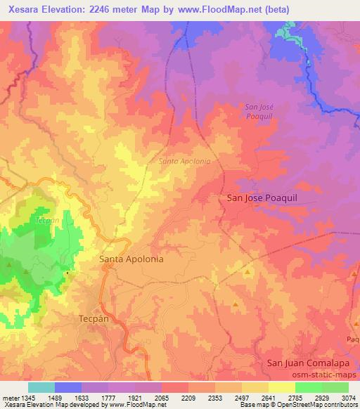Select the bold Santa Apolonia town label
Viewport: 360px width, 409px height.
coord(131,259)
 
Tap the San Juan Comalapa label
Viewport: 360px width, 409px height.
coord(309,363)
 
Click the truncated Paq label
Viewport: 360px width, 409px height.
coord(353,339)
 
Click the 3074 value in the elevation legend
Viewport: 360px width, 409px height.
coord(348,397)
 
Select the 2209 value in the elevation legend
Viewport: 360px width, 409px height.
coord(188,397)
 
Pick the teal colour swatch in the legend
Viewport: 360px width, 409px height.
coord(41,387)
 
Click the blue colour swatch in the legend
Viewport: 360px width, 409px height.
coord(68,387)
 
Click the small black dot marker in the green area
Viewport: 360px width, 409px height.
coord(67,273)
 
